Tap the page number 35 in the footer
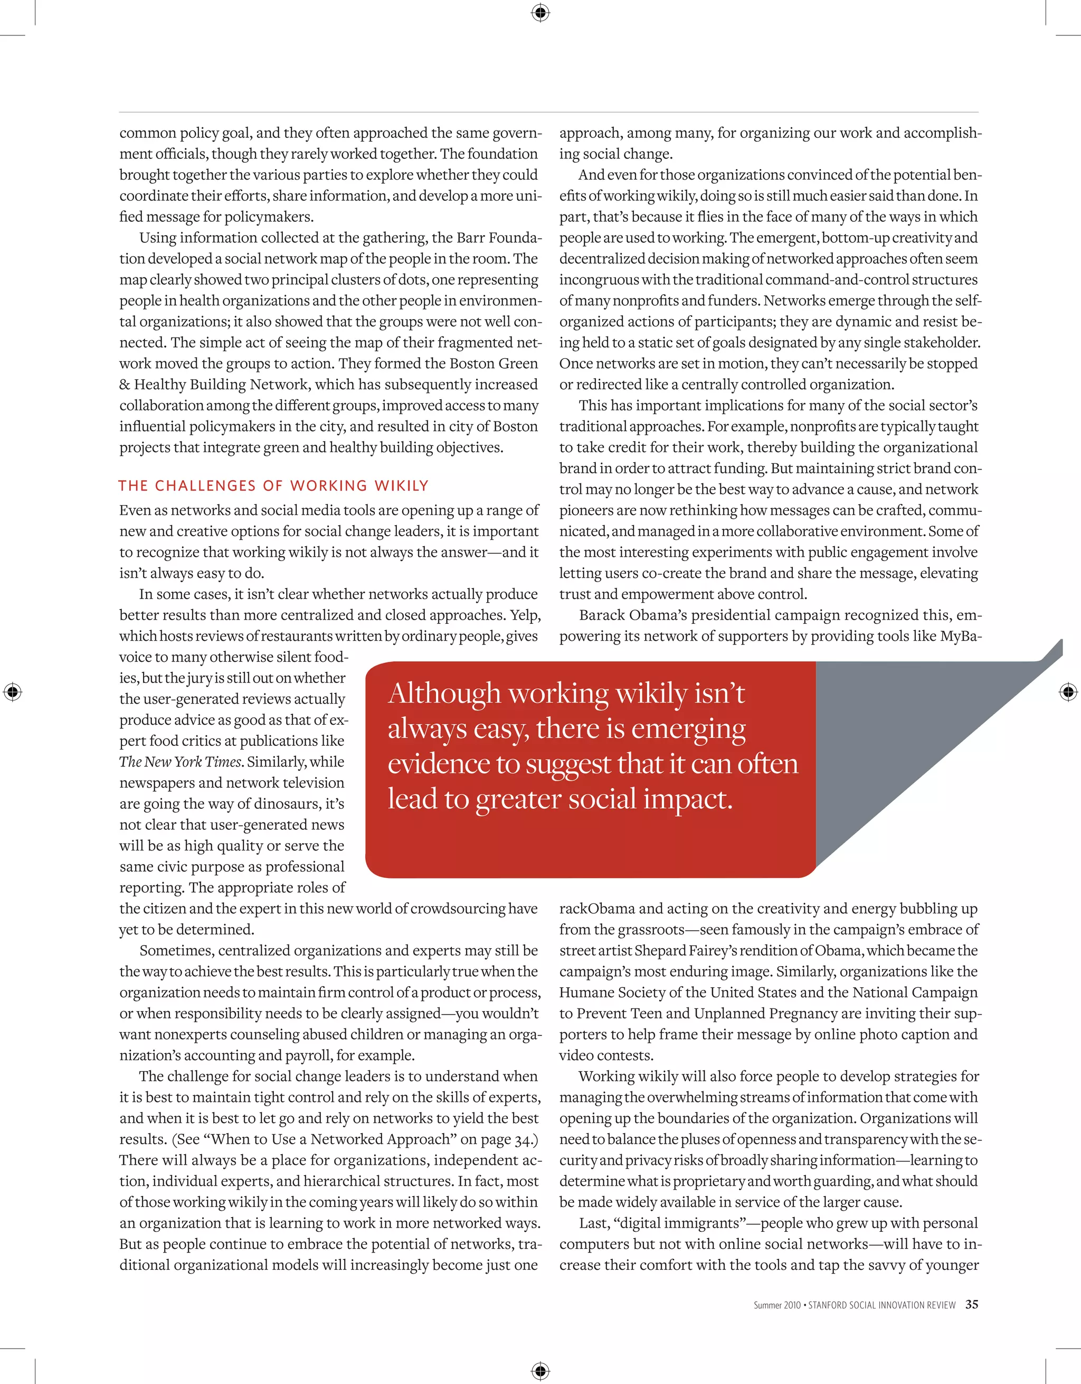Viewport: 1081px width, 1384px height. [x=971, y=1305]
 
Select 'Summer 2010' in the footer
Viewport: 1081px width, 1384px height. [x=776, y=1305]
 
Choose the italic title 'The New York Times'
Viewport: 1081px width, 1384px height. [x=180, y=762]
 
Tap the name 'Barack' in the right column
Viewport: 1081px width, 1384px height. [x=602, y=615]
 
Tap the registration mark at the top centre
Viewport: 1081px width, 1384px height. [x=540, y=13]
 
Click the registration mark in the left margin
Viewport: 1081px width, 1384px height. [x=12, y=692]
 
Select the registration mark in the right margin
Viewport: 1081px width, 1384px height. [x=1068, y=692]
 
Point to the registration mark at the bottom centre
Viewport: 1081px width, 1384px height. [x=540, y=1371]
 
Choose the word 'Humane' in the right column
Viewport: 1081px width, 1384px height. [x=583, y=993]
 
